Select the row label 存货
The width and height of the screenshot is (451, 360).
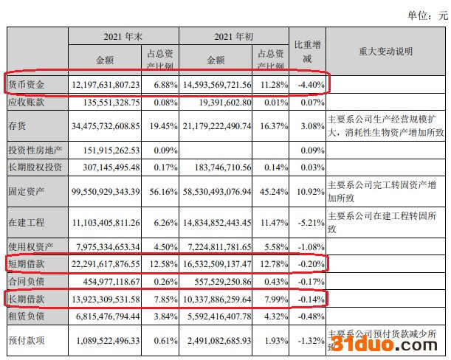click(18, 126)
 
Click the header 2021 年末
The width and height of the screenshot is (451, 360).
click(123, 35)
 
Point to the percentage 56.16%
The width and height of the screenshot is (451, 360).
click(162, 190)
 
